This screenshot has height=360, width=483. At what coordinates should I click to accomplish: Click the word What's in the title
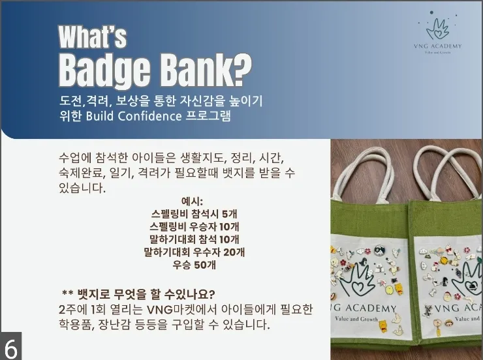coord(93,37)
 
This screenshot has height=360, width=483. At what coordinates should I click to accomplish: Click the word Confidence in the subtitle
coord(149,116)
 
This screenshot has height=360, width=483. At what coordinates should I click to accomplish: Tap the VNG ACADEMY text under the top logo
coord(438,46)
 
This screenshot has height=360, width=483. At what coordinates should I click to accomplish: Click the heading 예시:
coord(192,202)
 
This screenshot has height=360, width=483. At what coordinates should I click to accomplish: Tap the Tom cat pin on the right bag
coord(428,310)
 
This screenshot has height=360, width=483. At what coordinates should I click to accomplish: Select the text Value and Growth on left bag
coord(356,319)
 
